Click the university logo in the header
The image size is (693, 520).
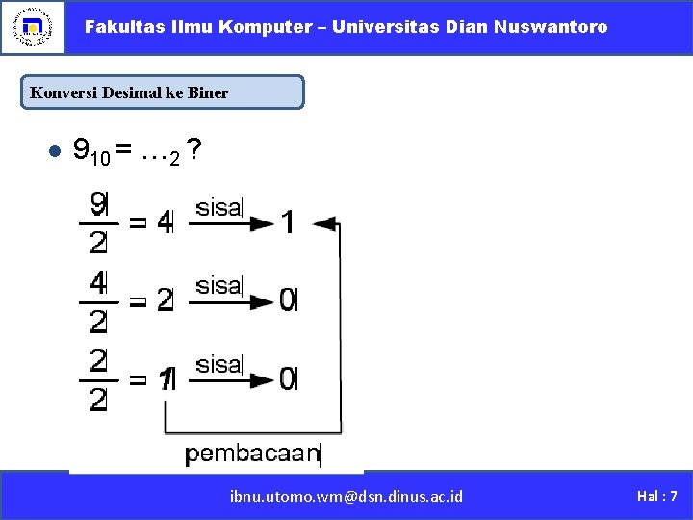coord(33,27)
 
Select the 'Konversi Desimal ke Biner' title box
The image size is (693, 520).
coord(162,92)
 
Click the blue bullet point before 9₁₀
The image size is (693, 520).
coord(54,151)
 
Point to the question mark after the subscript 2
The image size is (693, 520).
coord(194,149)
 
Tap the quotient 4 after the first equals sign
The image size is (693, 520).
coord(165,223)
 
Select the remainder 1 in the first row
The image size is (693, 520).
coord(288,223)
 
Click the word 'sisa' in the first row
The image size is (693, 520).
coord(218,207)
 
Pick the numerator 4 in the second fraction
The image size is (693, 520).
coord(98,282)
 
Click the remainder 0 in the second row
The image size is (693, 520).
coord(288,301)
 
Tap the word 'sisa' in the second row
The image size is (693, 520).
coord(218,285)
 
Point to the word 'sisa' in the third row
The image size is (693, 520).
coord(218,364)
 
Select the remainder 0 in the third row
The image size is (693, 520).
coord(288,380)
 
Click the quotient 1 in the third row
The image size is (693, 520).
coord(167,380)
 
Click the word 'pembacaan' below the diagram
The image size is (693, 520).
coord(252,453)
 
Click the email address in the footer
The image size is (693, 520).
coord(346,496)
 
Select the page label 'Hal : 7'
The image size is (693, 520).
coord(657,496)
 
